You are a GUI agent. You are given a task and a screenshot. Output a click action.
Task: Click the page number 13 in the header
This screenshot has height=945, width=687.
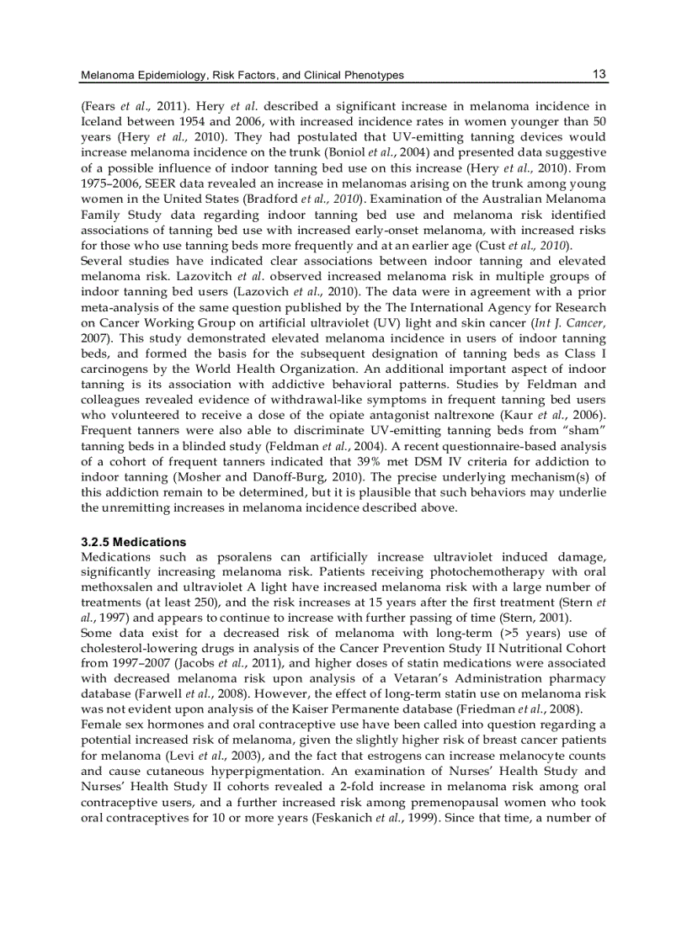pos(599,74)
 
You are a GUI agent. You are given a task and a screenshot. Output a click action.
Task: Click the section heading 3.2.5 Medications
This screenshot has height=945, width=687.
pos(133,542)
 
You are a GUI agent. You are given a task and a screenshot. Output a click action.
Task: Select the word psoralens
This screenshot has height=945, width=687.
pos(246,557)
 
